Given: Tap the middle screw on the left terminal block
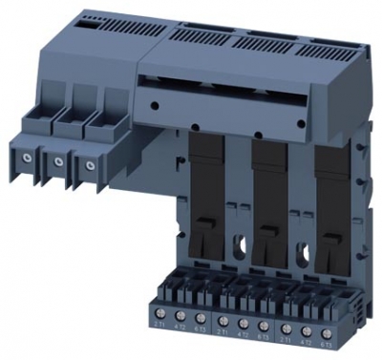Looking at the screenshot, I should (60, 162).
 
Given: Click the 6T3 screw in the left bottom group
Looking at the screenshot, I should (200, 317).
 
